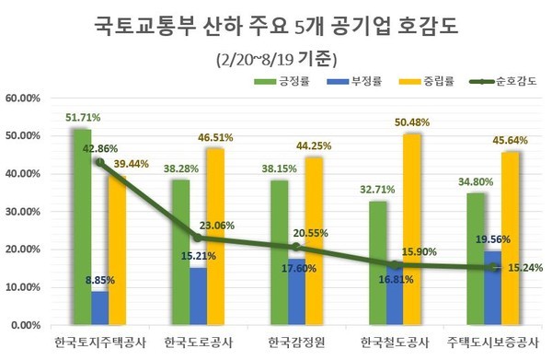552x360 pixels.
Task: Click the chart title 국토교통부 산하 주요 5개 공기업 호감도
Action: tap(275, 25)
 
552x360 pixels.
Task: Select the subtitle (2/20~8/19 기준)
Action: tap(276, 58)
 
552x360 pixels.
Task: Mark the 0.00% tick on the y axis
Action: tap(24, 326)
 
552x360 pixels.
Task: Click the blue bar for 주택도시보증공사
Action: tap(492, 288)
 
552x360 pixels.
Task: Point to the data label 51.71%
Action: tap(83, 118)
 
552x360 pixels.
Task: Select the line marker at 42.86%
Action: tap(99, 162)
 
